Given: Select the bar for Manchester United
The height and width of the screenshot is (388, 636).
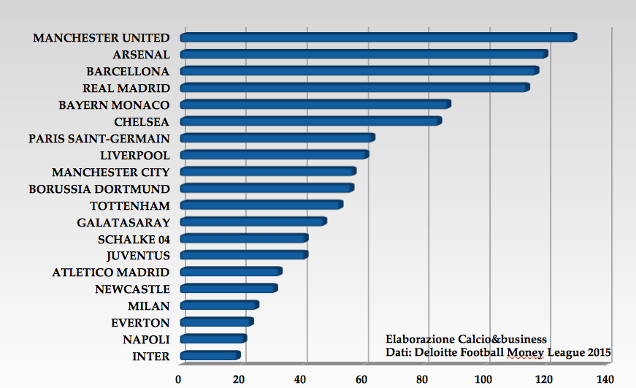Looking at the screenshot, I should [378, 38].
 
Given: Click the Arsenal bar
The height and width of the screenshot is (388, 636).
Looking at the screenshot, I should [363, 55].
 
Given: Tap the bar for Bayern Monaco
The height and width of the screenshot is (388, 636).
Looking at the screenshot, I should [315, 104].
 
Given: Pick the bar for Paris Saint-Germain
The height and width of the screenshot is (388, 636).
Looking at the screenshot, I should [277, 138].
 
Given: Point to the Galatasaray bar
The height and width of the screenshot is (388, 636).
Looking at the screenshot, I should [253, 222].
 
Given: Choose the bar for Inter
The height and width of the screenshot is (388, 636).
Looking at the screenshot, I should [210, 356].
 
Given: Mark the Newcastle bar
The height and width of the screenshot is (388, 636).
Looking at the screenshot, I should [228, 289].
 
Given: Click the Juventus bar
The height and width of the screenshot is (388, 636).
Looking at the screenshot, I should [243, 255].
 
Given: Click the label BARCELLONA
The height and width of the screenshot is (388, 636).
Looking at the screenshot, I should [128, 72].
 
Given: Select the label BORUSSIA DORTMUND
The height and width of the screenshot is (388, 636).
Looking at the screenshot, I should [99, 189].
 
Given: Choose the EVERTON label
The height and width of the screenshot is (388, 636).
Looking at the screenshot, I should [140, 323].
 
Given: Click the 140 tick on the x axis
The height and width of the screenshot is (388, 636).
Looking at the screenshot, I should [605, 379].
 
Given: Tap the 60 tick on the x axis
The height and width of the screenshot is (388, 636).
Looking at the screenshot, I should [361, 379].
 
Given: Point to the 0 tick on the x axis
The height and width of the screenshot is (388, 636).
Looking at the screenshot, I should [178, 379].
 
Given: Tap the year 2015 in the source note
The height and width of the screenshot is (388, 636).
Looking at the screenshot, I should [599, 353].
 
